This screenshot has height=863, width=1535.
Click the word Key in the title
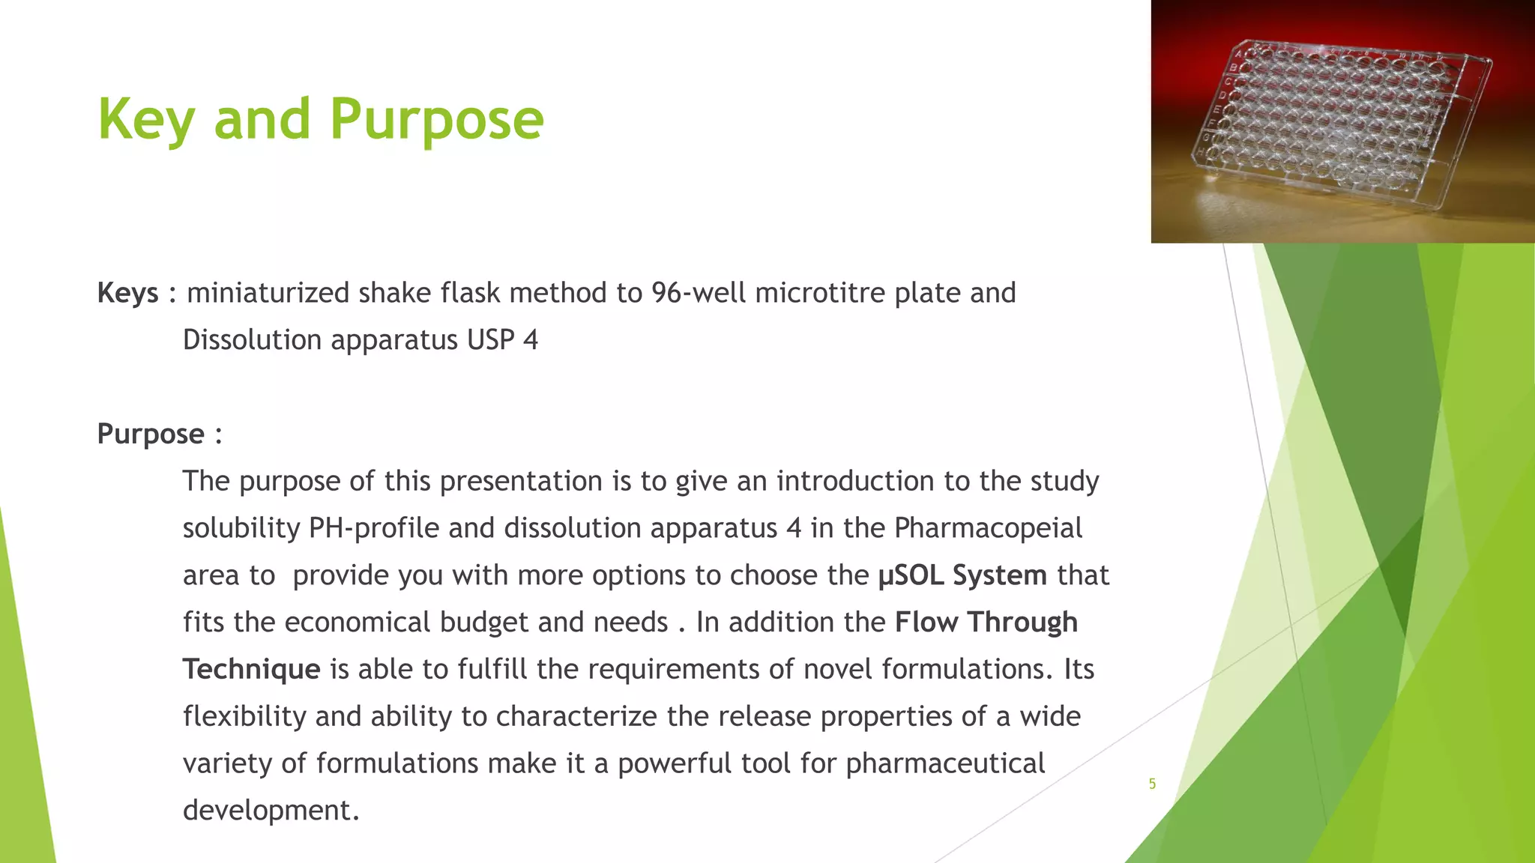click(x=147, y=120)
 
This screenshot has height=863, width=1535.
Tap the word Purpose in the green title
click(x=437, y=120)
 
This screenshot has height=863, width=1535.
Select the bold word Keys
click(x=127, y=293)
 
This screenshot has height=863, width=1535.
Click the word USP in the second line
click(x=490, y=340)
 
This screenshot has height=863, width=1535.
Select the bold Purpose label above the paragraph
click(x=151, y=434)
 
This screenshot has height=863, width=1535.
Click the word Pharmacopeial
click(x=988, y=528)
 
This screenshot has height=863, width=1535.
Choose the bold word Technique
click(x=251, y=669)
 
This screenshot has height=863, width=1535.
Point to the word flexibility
click(x=244, y=716)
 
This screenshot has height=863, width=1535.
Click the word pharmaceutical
click(x=945, y=763)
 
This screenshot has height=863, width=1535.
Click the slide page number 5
click(x=1152, y=784)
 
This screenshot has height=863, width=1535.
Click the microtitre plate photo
click(x=1342, y=121)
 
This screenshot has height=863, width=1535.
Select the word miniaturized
click(x=268, y=293)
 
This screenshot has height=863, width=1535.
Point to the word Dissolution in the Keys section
click(x=252, y=340)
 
